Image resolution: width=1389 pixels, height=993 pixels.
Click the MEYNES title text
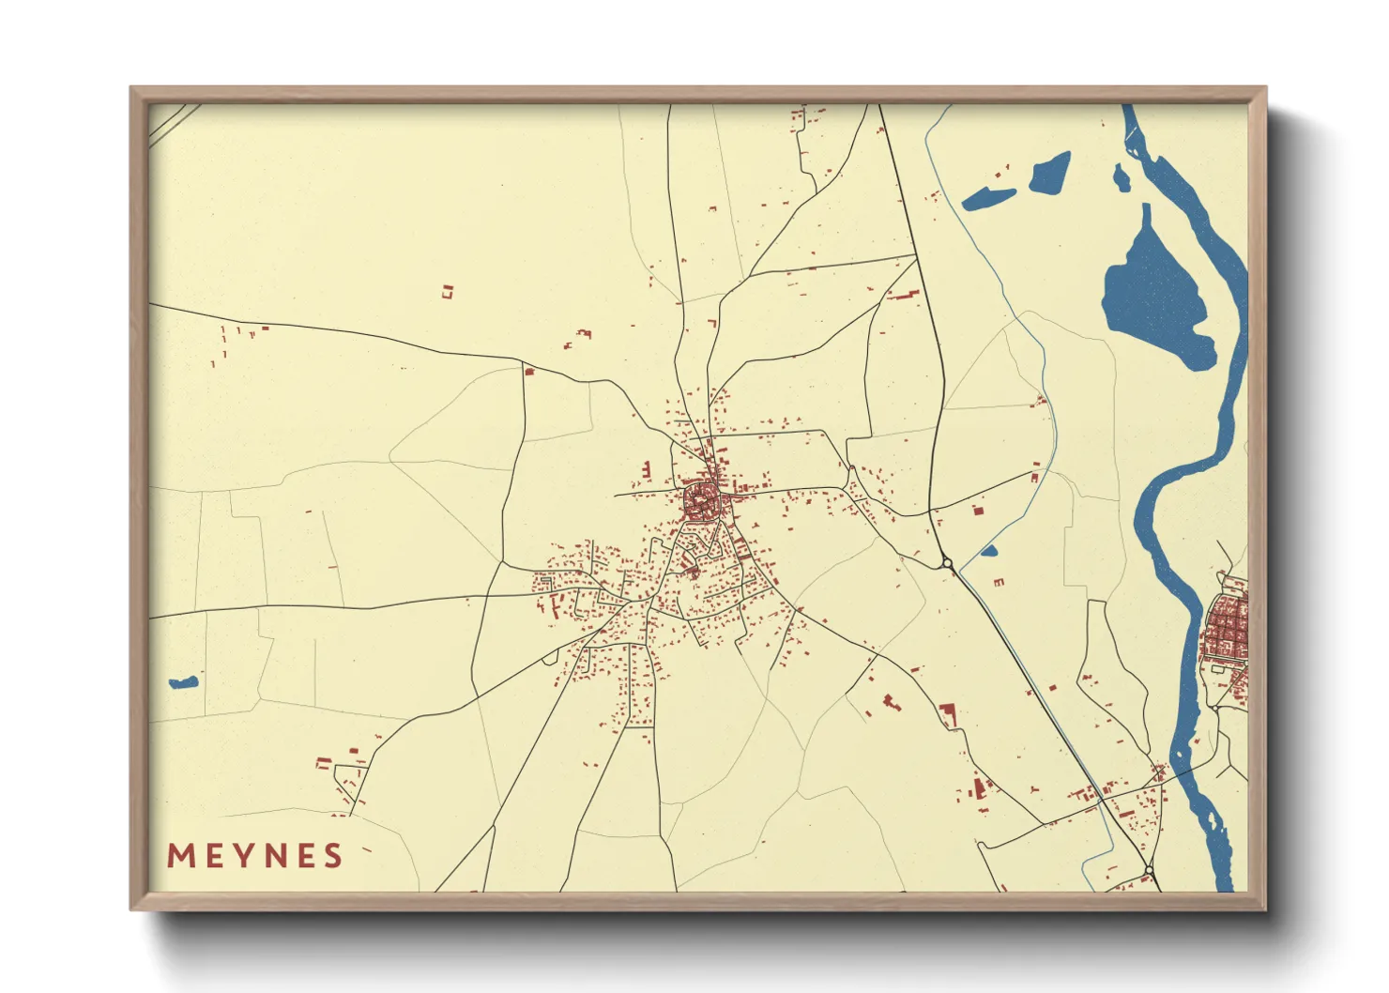click(254, 856)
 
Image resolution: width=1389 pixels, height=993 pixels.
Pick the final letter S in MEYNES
click(331, 856)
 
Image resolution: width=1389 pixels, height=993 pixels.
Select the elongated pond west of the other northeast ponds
click(988, 198)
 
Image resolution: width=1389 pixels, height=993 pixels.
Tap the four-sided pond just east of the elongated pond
click(1050, 172)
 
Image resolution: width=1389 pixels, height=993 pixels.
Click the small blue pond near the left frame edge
click(183, 682)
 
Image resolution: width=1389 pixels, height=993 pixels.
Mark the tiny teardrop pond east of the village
click(988, 551)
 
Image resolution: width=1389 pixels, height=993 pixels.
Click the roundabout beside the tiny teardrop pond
click(947, 563)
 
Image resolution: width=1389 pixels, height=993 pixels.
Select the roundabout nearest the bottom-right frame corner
click(1149, 871)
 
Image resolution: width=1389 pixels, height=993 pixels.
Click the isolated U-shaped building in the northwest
click(448, 291)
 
